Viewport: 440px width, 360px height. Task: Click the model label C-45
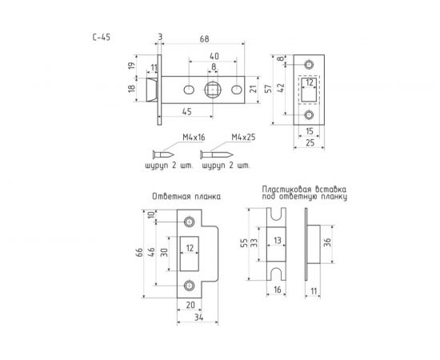[102, 38]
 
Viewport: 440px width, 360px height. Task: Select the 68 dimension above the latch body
[204, 39]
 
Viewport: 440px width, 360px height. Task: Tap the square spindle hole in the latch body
[213, 90]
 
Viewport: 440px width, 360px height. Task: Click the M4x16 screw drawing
[163, 154]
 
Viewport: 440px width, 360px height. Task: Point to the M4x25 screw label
[243, 138]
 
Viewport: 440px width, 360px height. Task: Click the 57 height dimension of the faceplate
[269, 89]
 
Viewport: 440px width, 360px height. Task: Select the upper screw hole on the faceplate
[309, 65]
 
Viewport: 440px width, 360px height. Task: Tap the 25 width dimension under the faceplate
[310, 143]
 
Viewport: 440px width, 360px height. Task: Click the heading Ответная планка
[186, 197]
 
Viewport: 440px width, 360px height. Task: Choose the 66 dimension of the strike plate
[139, 253]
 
